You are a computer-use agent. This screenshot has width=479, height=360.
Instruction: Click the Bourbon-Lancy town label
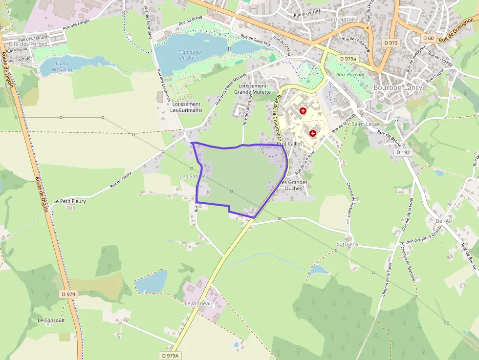click(x=397, y=87)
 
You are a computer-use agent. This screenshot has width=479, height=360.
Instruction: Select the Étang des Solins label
click(x=61, y=66)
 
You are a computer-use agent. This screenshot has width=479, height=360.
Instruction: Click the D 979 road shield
click(x=69, y=294)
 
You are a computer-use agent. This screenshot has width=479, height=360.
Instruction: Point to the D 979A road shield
click(x=170, y=356)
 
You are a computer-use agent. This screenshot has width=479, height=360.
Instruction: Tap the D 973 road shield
click(x=391, y=43)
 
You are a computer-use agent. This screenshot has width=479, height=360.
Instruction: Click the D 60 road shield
click(x=428, y=38)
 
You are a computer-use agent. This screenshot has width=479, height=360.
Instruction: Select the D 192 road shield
click(x=403, y=152)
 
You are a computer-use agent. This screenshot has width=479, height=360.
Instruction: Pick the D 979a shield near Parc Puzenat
click(x=348, y=59)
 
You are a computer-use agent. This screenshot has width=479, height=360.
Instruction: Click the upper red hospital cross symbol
click(x=303, y=111)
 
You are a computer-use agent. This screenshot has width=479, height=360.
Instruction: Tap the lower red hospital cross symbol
click(x=313, y=133)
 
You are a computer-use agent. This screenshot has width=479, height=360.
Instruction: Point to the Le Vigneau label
click(x=198, y=303)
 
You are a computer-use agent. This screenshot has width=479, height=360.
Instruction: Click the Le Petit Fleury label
click(x=69, y=201)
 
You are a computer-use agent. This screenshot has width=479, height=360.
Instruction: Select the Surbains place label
click(x=348, y=244)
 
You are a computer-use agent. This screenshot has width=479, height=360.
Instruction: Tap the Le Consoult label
click(x=51, y=320)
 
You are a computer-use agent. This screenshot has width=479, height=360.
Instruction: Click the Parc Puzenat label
click(x=351, y=75)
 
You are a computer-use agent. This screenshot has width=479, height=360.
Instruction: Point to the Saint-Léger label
click(x=366, y=124)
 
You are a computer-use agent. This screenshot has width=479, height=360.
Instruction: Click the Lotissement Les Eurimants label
click(x=186, y=107)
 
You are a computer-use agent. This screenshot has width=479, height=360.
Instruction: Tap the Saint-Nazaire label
click(x=342, y=20)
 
